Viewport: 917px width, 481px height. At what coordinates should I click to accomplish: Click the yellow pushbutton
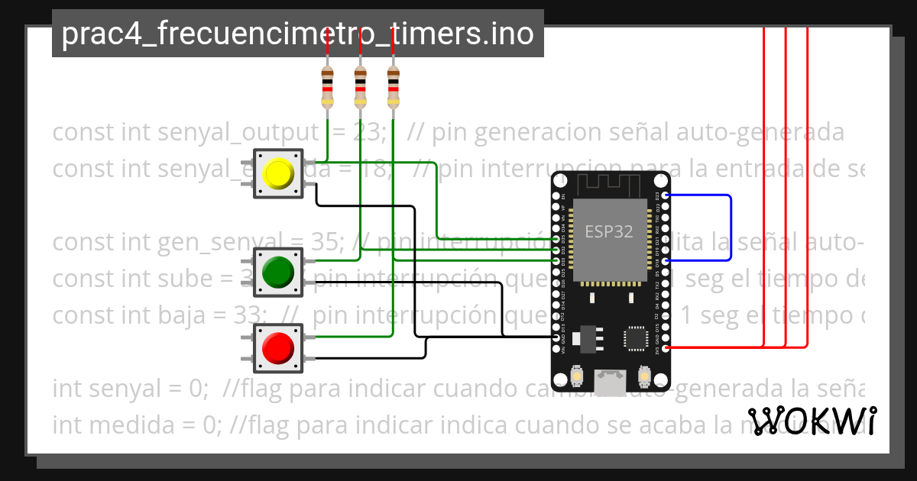click(x=278, y=173)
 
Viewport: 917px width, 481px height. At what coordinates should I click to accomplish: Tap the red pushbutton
click(x=278, y=348)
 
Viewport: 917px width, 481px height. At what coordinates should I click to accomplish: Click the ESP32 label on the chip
click(x=609, y=232)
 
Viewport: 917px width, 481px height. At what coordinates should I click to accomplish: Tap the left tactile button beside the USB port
click(x=578, y=376)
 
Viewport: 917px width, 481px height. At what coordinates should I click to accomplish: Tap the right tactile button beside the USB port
click(x=644, y=376)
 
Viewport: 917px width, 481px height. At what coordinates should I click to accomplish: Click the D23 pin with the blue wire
click(x=666, y=195)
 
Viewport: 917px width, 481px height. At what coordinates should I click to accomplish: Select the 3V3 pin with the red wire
click(x=666, y=348)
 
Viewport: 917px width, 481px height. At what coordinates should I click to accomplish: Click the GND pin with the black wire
click(x=556, y=337)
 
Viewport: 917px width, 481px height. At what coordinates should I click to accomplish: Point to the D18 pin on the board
click(x=666, y=261)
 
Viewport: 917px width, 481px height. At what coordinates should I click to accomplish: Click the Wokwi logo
click(x=812, y=421)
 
